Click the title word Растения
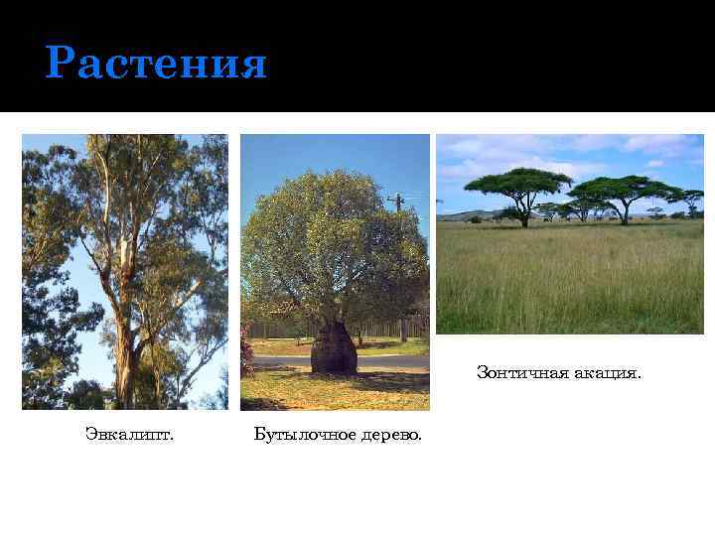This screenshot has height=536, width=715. (x=156, y=65)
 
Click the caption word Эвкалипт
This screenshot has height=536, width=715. (x=129, y=434)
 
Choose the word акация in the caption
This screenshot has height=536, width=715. (x=605, y=373)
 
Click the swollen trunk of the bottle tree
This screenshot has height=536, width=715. (x=334, y=349)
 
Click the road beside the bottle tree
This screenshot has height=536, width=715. (x=387, y=363)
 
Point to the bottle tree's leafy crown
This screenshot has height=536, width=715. (x=328, y=238)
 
